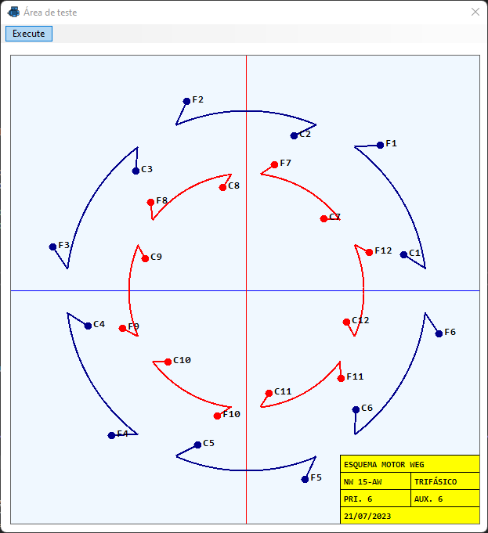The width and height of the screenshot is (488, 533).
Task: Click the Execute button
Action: [x=29, y=34]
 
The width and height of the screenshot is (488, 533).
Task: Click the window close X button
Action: [x=475, y=13]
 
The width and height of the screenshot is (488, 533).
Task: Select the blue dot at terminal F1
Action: [x=380, y=145]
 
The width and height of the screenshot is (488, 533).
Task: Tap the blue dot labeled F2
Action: [x=186, y=101]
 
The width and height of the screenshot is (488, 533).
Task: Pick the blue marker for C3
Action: [x=136, y=171]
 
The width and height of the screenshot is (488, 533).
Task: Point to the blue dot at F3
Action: [x=52, y=247]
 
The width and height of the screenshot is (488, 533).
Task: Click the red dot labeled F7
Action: [x=274, y=164]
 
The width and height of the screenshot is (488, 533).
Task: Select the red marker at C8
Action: [x=222, y=187]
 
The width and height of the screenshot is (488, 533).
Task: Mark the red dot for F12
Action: [x=369, y=252]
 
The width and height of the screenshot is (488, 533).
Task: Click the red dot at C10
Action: [x=168, y=362]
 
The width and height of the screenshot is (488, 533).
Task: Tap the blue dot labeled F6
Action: [x=439, y=333]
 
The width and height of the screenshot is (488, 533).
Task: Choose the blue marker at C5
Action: [x=197, y=445]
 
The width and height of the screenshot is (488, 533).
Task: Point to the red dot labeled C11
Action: [x=269, y=393]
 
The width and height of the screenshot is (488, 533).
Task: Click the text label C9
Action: [x=157, y=257]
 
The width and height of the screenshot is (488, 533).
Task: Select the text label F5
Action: [x=316, y=477]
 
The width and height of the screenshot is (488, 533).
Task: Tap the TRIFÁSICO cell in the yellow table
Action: [x=436, y=481]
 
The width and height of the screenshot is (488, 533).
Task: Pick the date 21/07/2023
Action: [x=367, y=516]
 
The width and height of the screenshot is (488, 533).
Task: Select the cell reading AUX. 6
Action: [x=428, y=499]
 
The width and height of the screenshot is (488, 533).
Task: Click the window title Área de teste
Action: [x=51, y=13]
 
